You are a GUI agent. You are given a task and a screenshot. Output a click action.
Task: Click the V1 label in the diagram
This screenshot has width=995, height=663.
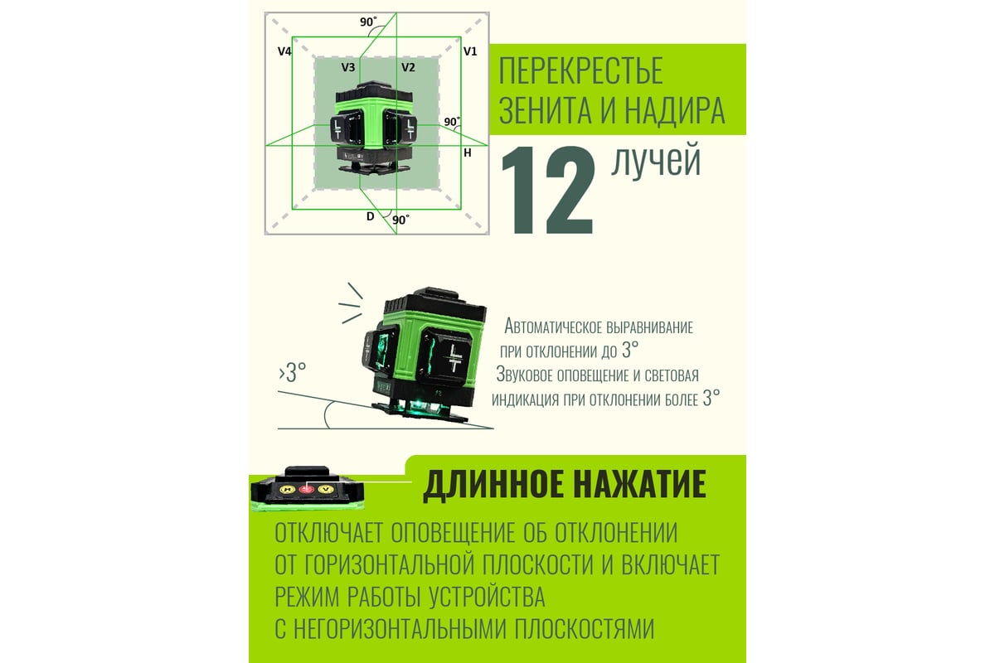tap(470, 51)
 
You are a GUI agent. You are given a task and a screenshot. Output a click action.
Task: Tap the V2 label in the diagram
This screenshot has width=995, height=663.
tap(408, 67)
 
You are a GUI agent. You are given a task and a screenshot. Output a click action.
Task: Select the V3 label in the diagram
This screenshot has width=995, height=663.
tap(347, 67)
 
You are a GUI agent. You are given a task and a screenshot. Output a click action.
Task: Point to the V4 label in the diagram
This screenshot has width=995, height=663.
tap(284, 51)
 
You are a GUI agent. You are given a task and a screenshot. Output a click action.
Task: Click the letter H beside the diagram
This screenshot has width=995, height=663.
tap(468, 153)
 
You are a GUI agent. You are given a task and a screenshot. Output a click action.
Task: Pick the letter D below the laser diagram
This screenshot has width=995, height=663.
tap(370, 216)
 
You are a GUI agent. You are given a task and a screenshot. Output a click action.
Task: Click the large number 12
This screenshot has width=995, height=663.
tap(548, 190)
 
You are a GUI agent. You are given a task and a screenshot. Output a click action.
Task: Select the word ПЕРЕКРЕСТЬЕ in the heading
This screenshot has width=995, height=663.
tap(581, 70)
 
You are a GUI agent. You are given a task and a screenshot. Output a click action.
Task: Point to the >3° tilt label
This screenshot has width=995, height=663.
tap(293, 373)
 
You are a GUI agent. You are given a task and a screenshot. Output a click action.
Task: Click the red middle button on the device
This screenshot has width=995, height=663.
tap(306, 489)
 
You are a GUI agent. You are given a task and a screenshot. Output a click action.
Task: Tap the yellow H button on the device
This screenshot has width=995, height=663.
tap(288, 489)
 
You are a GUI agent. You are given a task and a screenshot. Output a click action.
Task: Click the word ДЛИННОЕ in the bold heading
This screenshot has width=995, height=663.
tap(492, 485)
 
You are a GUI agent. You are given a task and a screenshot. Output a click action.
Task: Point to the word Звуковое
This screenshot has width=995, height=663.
tap(525, 375)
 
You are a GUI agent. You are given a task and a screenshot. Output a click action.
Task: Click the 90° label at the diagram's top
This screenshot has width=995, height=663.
tap(368, 22)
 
